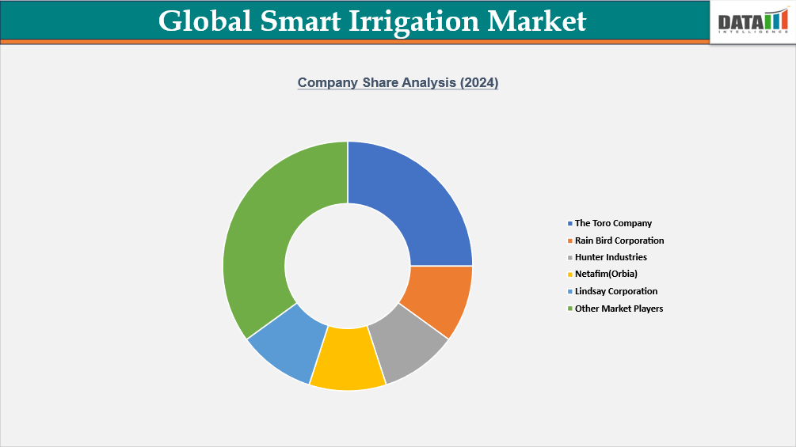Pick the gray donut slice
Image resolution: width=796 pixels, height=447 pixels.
pyautogui.click(x=408, y=349)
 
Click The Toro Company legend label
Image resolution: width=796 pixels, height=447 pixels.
pyautogui.click(x=613, y=223)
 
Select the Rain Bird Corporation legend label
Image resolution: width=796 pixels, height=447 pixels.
pyautogui.click(x=619, y=241)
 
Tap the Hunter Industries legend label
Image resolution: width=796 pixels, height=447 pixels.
pyautogui.click(x=611, y=257)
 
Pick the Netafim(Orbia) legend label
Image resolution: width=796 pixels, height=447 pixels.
pyautogui.click(x=606, y=275)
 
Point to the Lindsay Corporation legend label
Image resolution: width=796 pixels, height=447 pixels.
pyautogui.click(x=616, y=291)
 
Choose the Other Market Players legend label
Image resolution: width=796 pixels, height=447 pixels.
pyautogui.click(x=619, y=309)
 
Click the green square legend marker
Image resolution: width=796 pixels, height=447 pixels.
pyautogui.click(x=570, y=309)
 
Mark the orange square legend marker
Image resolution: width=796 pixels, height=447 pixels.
pyautogui.click(x=570, y=241)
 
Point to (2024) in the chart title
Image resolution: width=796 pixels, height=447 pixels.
pyautogui.click(x=478, y=82)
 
